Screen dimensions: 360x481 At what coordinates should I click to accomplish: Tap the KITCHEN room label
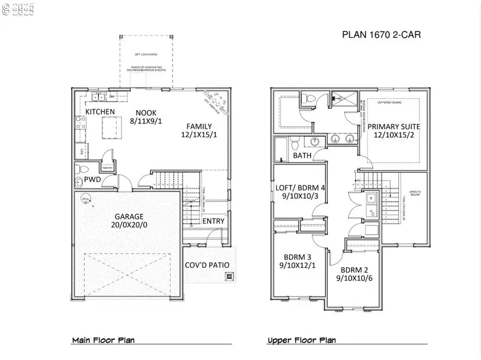coord(100,112)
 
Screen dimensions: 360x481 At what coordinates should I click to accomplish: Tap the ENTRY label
coord(214,221)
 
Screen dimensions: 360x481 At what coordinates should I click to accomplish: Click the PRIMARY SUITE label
coord(393,127)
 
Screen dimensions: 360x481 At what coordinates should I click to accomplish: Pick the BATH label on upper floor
coord(302,155)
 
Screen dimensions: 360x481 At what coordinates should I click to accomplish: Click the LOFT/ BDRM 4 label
coord(299,187)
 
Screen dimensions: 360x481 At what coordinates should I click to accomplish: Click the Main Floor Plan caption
coord(103,340)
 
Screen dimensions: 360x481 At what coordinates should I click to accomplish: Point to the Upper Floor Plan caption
coord(301,340)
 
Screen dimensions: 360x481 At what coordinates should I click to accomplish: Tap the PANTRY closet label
coord(107,167)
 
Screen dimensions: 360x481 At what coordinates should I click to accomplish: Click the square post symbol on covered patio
coord(229,277)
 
